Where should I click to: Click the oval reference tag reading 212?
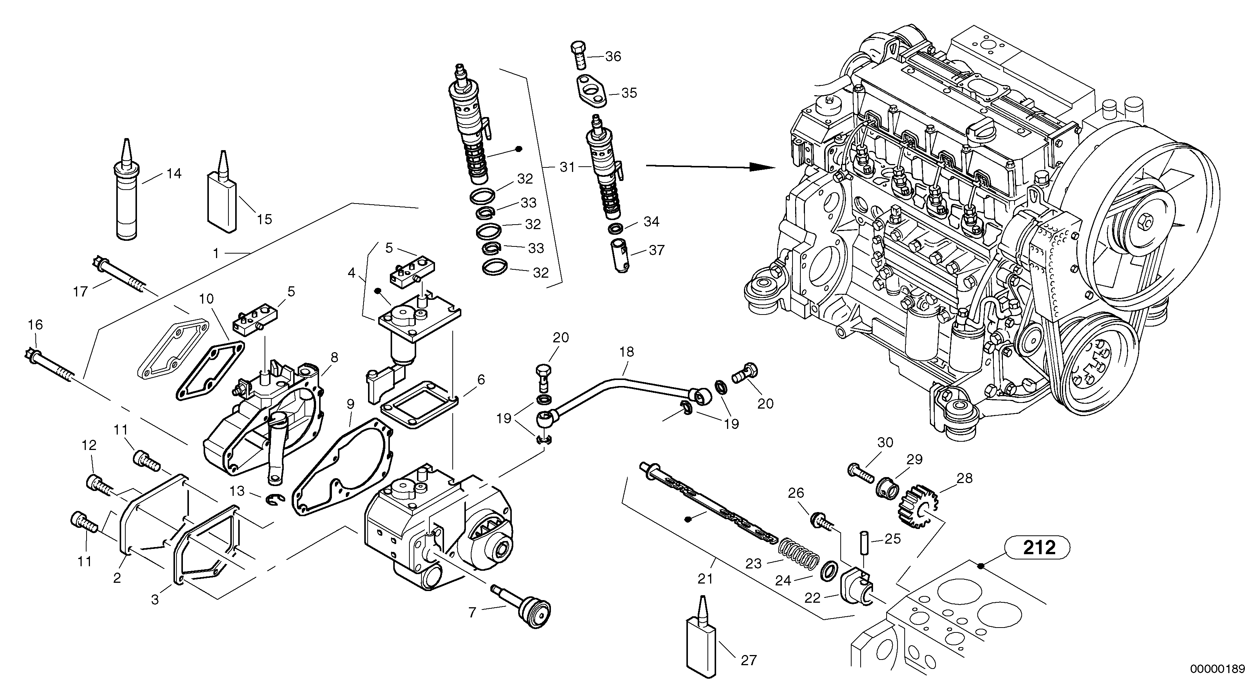(1039, 548)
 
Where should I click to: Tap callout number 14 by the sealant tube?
(173, 173)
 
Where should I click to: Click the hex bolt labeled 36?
(578, 57)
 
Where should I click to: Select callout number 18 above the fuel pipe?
(627, 352)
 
